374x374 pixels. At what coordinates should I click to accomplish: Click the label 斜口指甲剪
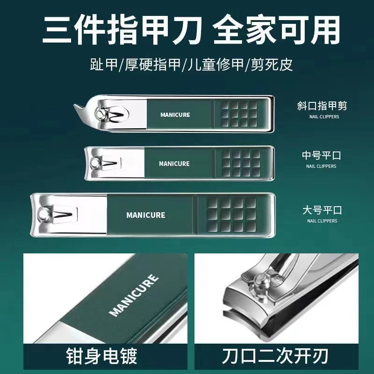click(x=322, y=106)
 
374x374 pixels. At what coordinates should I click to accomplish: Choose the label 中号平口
click(x=321, y=156)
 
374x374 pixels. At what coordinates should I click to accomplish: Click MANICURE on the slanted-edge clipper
click(x=175, y=115)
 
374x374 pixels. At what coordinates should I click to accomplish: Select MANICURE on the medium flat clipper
click(x=174, y=164)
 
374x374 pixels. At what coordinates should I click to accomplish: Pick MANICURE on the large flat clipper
click(x=145, y=215)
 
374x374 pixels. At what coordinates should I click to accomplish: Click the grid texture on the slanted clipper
click(x=239, y=114)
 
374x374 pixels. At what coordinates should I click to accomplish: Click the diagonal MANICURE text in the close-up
click(x=134, y=296)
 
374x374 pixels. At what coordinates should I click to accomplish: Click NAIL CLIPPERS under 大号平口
click(x=322, y=221)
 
